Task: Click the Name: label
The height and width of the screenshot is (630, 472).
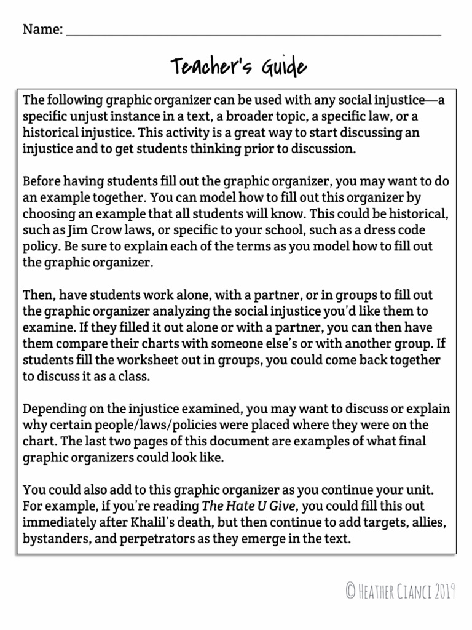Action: click(x=42, y=29)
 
